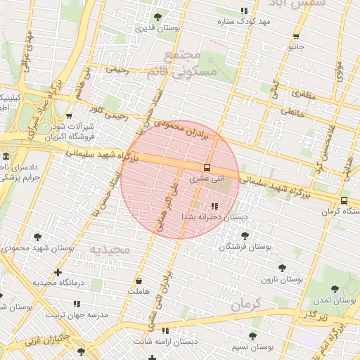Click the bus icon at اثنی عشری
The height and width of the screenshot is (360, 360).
[x=207, y=167]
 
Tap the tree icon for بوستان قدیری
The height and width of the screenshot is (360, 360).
[x=157, y=17]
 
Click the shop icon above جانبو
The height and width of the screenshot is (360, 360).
[x=296, y=37]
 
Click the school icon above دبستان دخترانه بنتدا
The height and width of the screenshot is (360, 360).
[x=214, y=206]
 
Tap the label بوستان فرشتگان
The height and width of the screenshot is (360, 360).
[x=245, y=247]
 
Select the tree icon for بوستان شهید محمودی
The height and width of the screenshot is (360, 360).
[x=37, y=237]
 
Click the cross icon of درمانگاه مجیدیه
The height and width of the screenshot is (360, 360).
[x=58, y=272]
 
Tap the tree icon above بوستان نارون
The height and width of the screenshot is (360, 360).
[x=282, y=268]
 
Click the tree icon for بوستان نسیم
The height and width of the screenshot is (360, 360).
[x=252, y=336]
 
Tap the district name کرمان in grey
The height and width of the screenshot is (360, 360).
[x=245, y=303]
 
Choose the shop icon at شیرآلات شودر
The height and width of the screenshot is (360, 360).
[x=68, y=117]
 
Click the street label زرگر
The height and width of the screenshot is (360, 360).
[x=314, y=314]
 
